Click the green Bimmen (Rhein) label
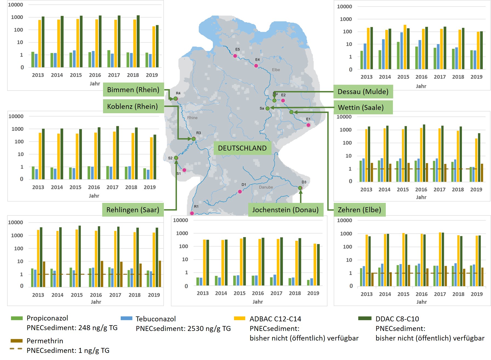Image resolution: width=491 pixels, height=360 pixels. (133, 90)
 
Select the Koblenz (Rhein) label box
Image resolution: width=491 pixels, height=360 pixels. (133, 106)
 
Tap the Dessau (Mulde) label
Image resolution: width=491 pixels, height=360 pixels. (363, 92)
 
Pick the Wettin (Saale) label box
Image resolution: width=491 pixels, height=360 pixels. (361, 107)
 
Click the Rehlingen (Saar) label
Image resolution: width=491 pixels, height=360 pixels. (133, 210)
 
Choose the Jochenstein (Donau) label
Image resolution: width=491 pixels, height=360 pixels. (285, 210)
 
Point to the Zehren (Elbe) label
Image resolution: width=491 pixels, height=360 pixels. (359, 210)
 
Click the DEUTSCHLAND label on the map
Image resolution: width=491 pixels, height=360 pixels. (242, 148)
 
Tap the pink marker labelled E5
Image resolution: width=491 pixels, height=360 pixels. (235, 56)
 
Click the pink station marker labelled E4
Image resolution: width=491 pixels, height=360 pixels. (256, 66)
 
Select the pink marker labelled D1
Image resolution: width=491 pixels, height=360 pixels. (240, 192)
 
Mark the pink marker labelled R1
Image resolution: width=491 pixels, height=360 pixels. (192, 213)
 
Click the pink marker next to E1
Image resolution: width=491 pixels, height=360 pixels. (308, 125)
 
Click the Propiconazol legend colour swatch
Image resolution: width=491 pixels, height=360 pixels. (17, 318)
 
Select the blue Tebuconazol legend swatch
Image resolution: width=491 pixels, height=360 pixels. (126, 318)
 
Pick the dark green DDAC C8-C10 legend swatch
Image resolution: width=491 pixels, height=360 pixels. (365, 318)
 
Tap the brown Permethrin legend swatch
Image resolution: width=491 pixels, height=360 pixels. (16, 341)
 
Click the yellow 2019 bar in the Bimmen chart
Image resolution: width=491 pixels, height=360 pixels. (154, 47)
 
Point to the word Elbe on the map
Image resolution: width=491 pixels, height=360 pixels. (276, 70)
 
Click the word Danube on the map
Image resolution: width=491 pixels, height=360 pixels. (266, 187)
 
